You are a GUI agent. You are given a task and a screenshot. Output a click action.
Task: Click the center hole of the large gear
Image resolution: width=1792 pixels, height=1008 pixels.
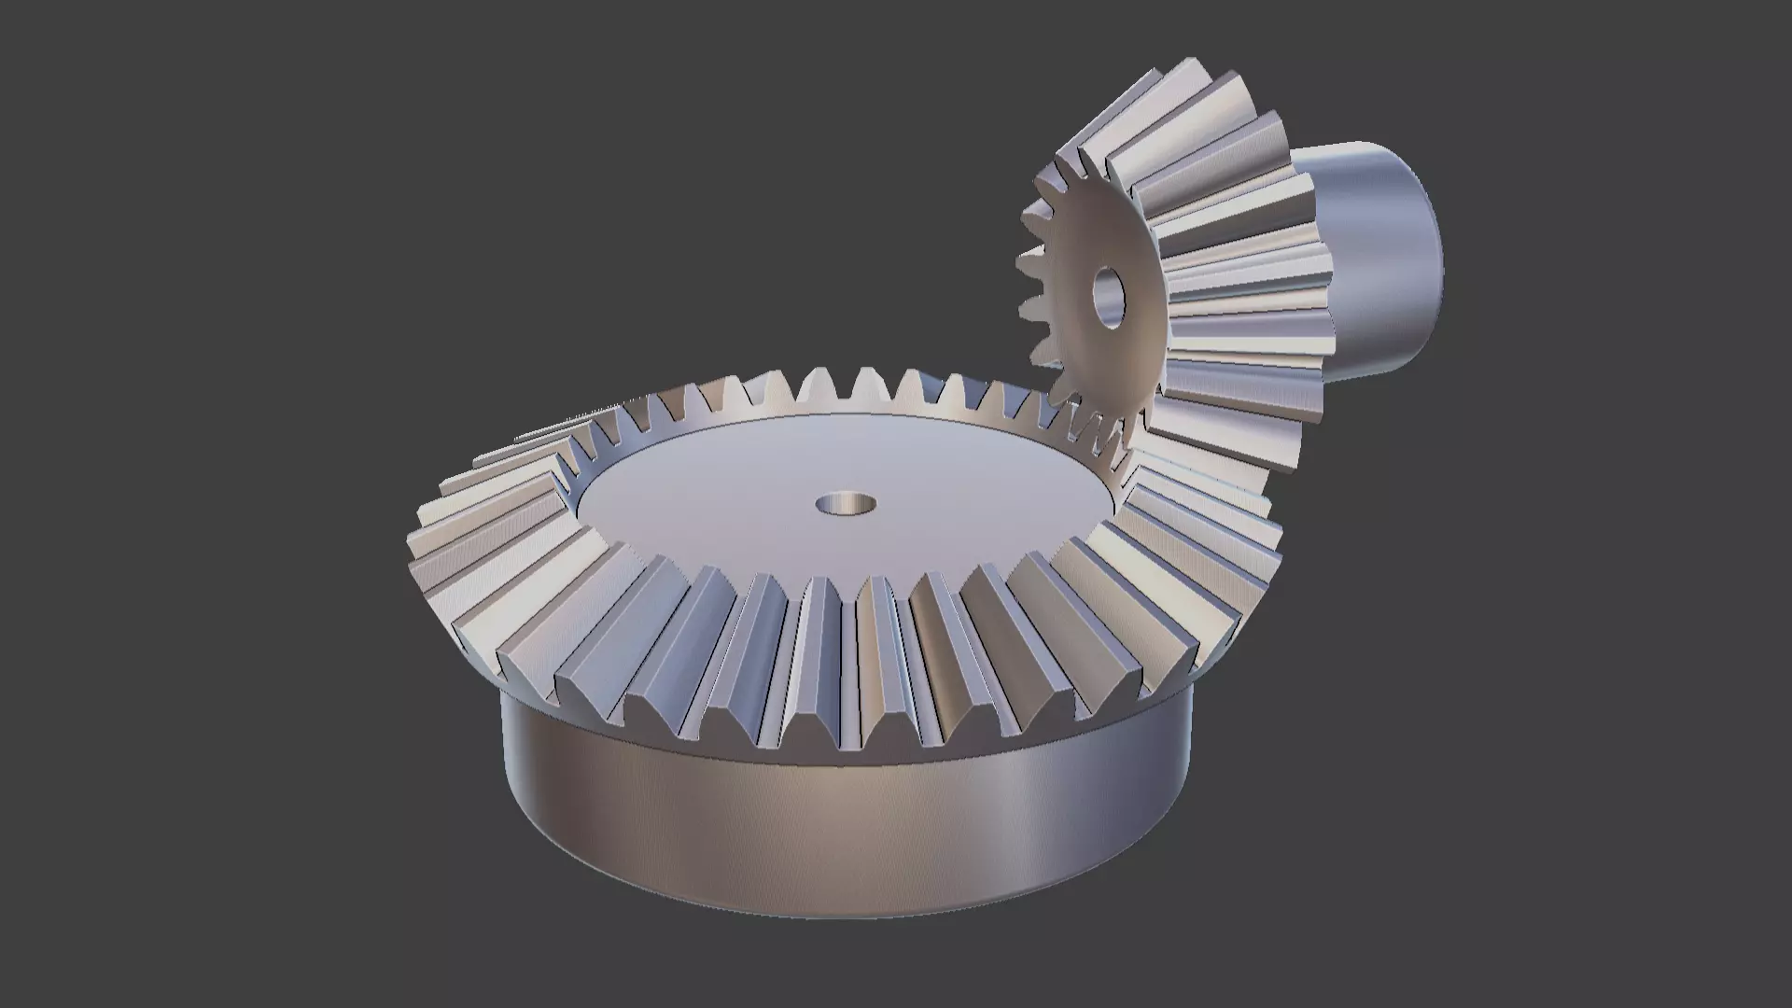click(846, 505)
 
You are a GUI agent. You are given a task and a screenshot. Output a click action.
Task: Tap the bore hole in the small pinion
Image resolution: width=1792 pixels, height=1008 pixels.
click(1110, 297)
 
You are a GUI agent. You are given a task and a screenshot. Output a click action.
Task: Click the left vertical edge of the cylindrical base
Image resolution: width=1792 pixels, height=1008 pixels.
click(503, 775)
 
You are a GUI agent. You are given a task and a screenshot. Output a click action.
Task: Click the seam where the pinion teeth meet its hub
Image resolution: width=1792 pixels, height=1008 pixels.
click(1325, 280)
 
